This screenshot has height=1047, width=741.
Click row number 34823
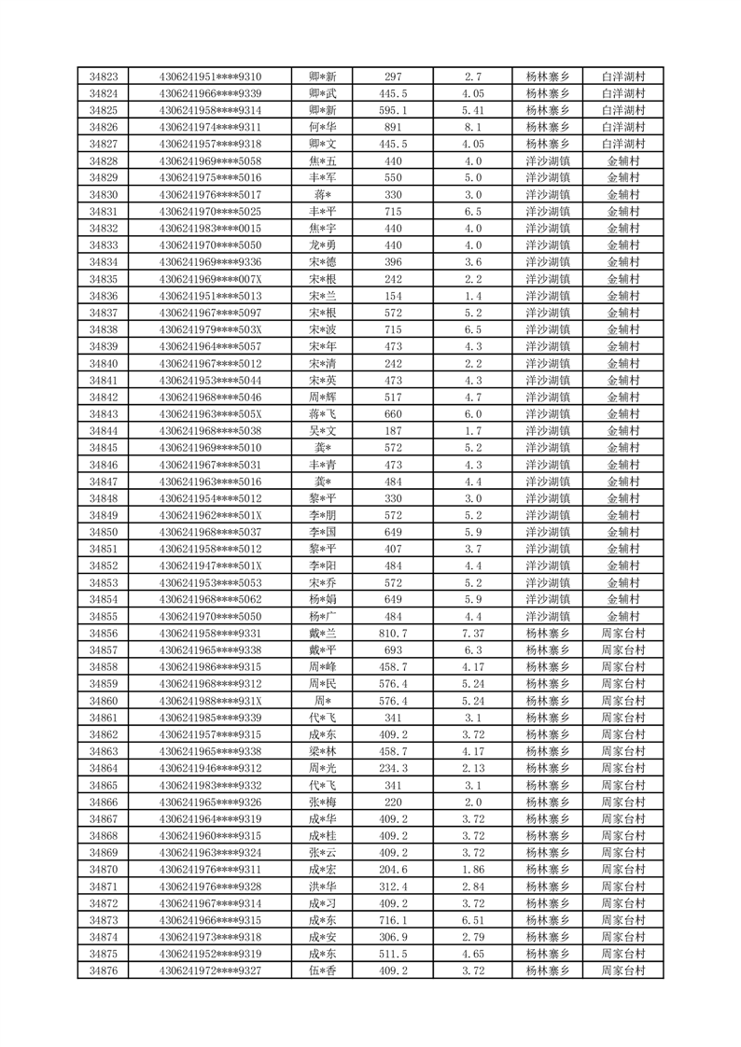coord(103,77)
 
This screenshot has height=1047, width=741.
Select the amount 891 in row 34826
coord(392,127)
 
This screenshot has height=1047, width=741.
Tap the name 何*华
coord(323,127)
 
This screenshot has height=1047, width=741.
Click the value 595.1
coord(392,110)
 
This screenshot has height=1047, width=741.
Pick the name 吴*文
coord(323,431)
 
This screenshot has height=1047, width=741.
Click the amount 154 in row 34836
coord(392,296)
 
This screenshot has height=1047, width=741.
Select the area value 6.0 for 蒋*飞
coord(472,414)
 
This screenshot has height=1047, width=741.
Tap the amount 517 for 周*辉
coord(392,398)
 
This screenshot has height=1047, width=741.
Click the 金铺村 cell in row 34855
coord(623,617)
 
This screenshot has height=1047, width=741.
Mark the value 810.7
coord(392,634)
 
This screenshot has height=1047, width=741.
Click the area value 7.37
coord(472,634)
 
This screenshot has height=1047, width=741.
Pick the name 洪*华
coord(323,886)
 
